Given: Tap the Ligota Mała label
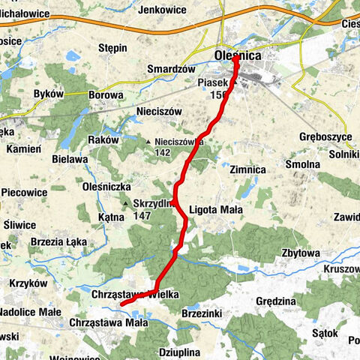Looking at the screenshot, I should [215, 210].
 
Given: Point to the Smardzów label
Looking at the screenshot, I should [166, 68].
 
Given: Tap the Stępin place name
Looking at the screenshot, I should [113, 48].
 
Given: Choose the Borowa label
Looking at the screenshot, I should [106, 95].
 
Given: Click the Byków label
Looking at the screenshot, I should [49, 94].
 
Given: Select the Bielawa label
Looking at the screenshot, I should [70, 160].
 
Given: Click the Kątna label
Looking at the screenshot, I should [110, 217].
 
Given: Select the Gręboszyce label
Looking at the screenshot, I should [325, 138].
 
